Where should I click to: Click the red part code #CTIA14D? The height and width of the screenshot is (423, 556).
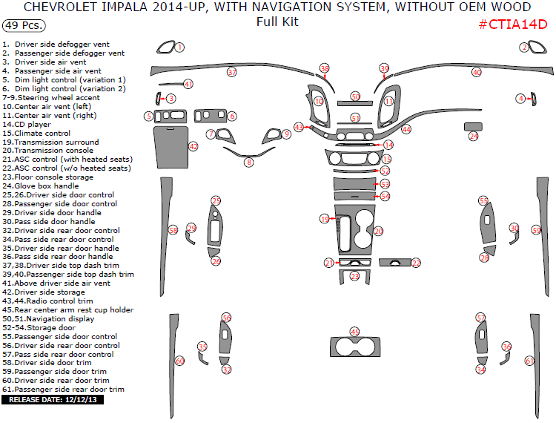(512, 24)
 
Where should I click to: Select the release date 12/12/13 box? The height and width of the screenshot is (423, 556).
(53, 400)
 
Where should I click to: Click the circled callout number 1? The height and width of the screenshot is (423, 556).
(180, 47)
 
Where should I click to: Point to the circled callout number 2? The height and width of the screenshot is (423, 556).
(524, 47)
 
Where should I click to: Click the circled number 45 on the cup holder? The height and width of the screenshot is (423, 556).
(354, 332)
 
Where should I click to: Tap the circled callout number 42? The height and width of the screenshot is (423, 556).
(193, 147)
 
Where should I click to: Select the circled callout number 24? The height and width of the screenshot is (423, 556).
(474, 137)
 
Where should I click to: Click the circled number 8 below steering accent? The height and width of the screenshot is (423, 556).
(249, 163)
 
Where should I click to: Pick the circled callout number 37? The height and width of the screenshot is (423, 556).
(232, 73)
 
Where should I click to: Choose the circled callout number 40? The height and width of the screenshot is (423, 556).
(477, 73)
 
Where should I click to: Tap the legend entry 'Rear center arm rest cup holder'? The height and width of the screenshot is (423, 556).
(68, 309)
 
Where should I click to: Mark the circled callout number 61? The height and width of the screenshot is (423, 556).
(529, 361)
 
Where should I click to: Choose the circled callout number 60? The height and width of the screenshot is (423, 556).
(179, 361)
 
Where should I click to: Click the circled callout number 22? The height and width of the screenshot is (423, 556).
(416, 263)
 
